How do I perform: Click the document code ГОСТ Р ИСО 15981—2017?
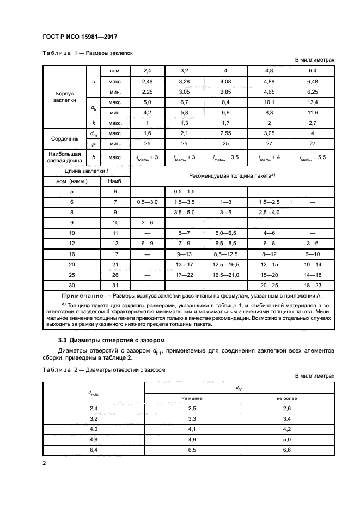(x=80, y=37)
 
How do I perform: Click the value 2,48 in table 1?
(x=147, y=82)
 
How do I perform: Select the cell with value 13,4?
(x=313, y=102)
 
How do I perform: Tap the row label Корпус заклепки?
(x=65, y=97)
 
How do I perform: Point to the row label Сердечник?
(x=65, y=138)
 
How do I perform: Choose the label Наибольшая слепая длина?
(x=65, y=157)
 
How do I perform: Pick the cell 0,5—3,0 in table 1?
(x=147, y=202)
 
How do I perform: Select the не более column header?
(x=287, y=398)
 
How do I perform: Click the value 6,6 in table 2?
(x=287, y=450)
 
